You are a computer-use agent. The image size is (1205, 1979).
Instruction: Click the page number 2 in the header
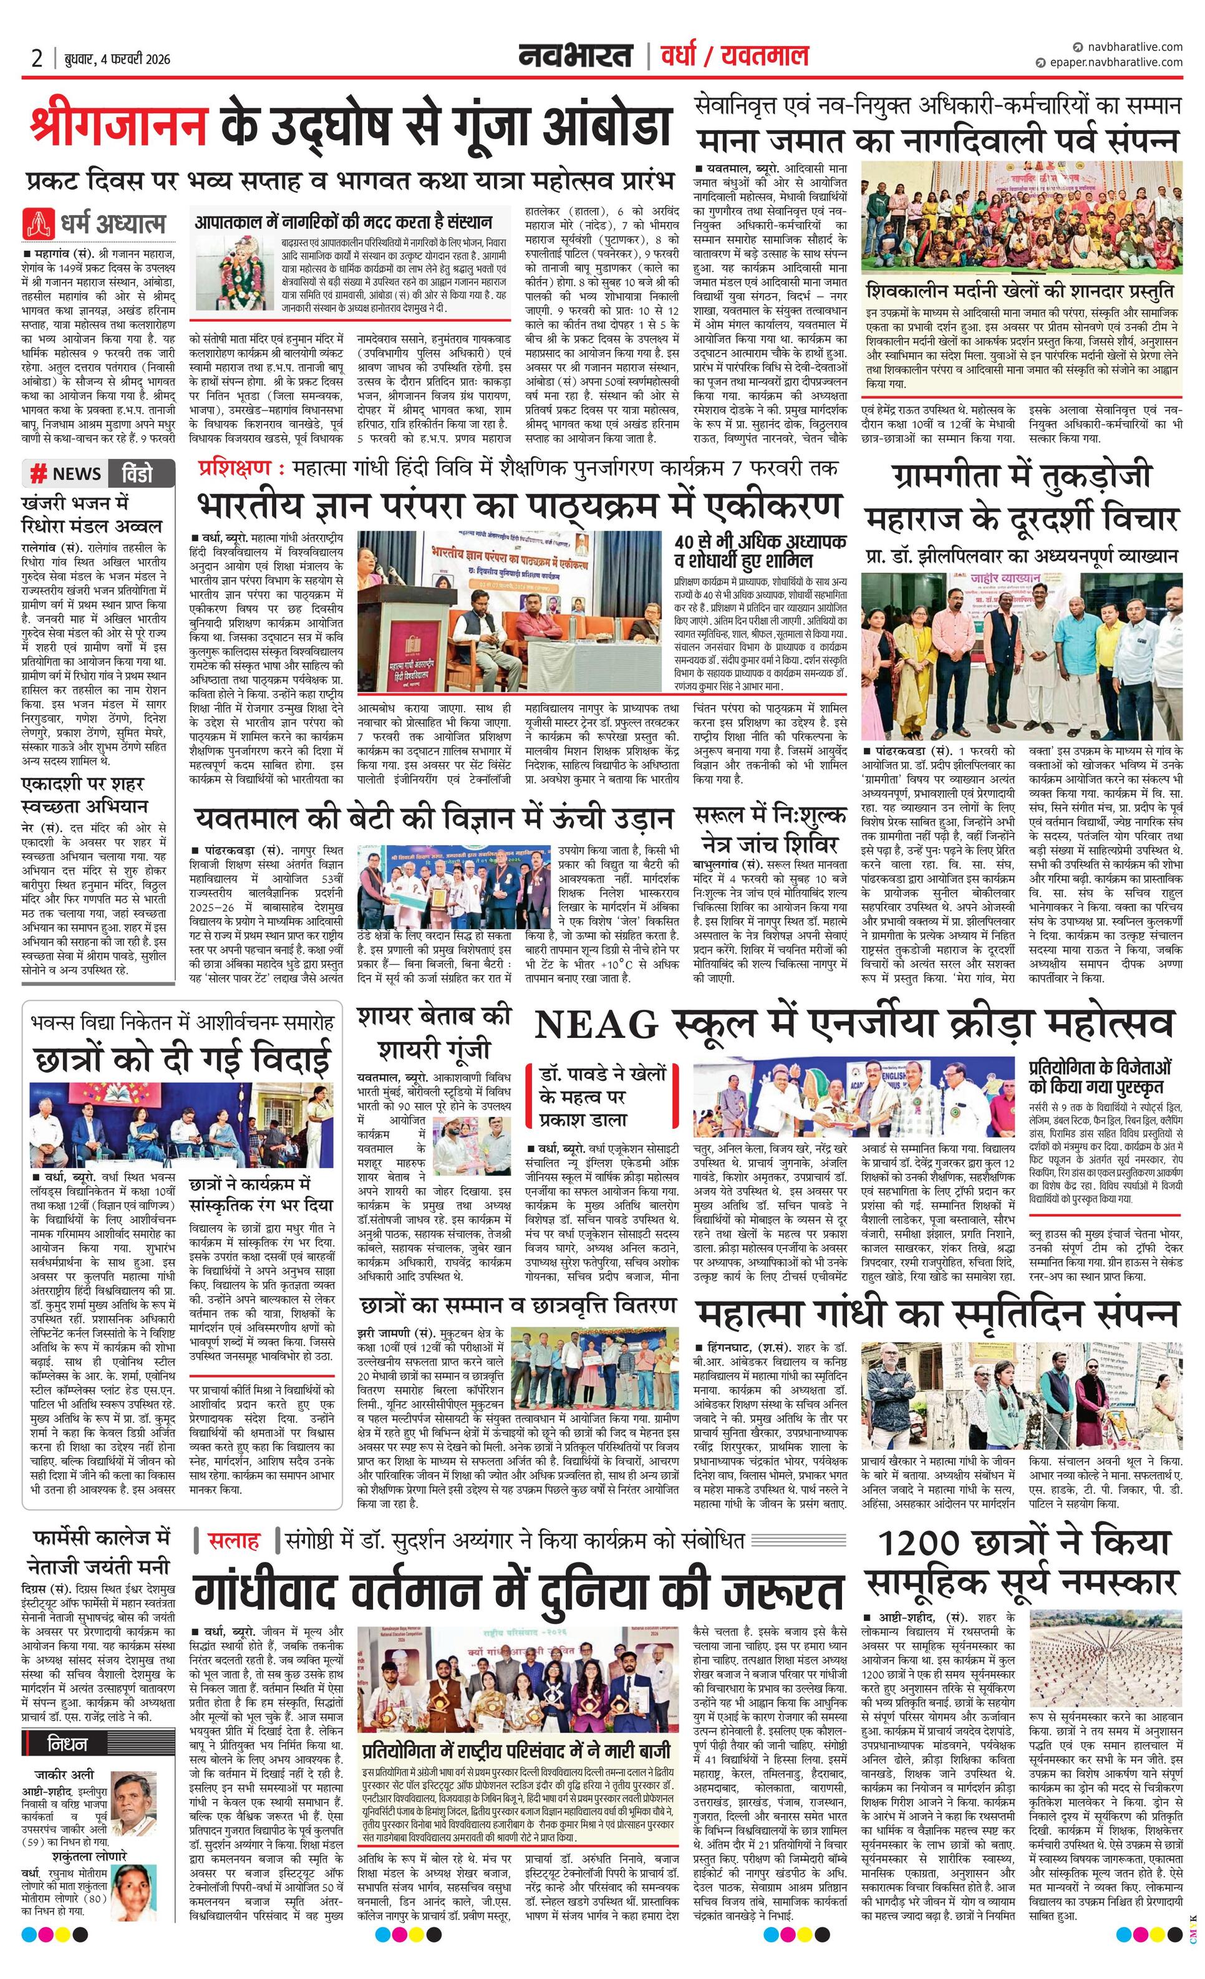click(37, 59)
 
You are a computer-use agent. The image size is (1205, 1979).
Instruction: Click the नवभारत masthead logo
click(574, 56)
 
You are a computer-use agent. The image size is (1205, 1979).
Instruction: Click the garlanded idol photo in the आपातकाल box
click(232, 273)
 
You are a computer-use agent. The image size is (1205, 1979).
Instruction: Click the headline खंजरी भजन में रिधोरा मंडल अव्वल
click(92, 514)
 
